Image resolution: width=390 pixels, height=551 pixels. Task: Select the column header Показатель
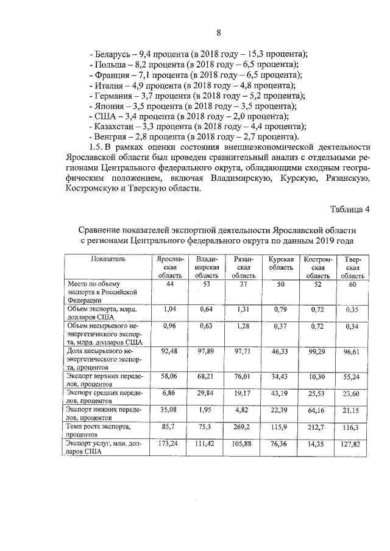coord(108,259)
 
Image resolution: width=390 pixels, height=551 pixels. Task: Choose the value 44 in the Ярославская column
coord(170,284)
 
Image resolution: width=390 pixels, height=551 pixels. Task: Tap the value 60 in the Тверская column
coord(353,284)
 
